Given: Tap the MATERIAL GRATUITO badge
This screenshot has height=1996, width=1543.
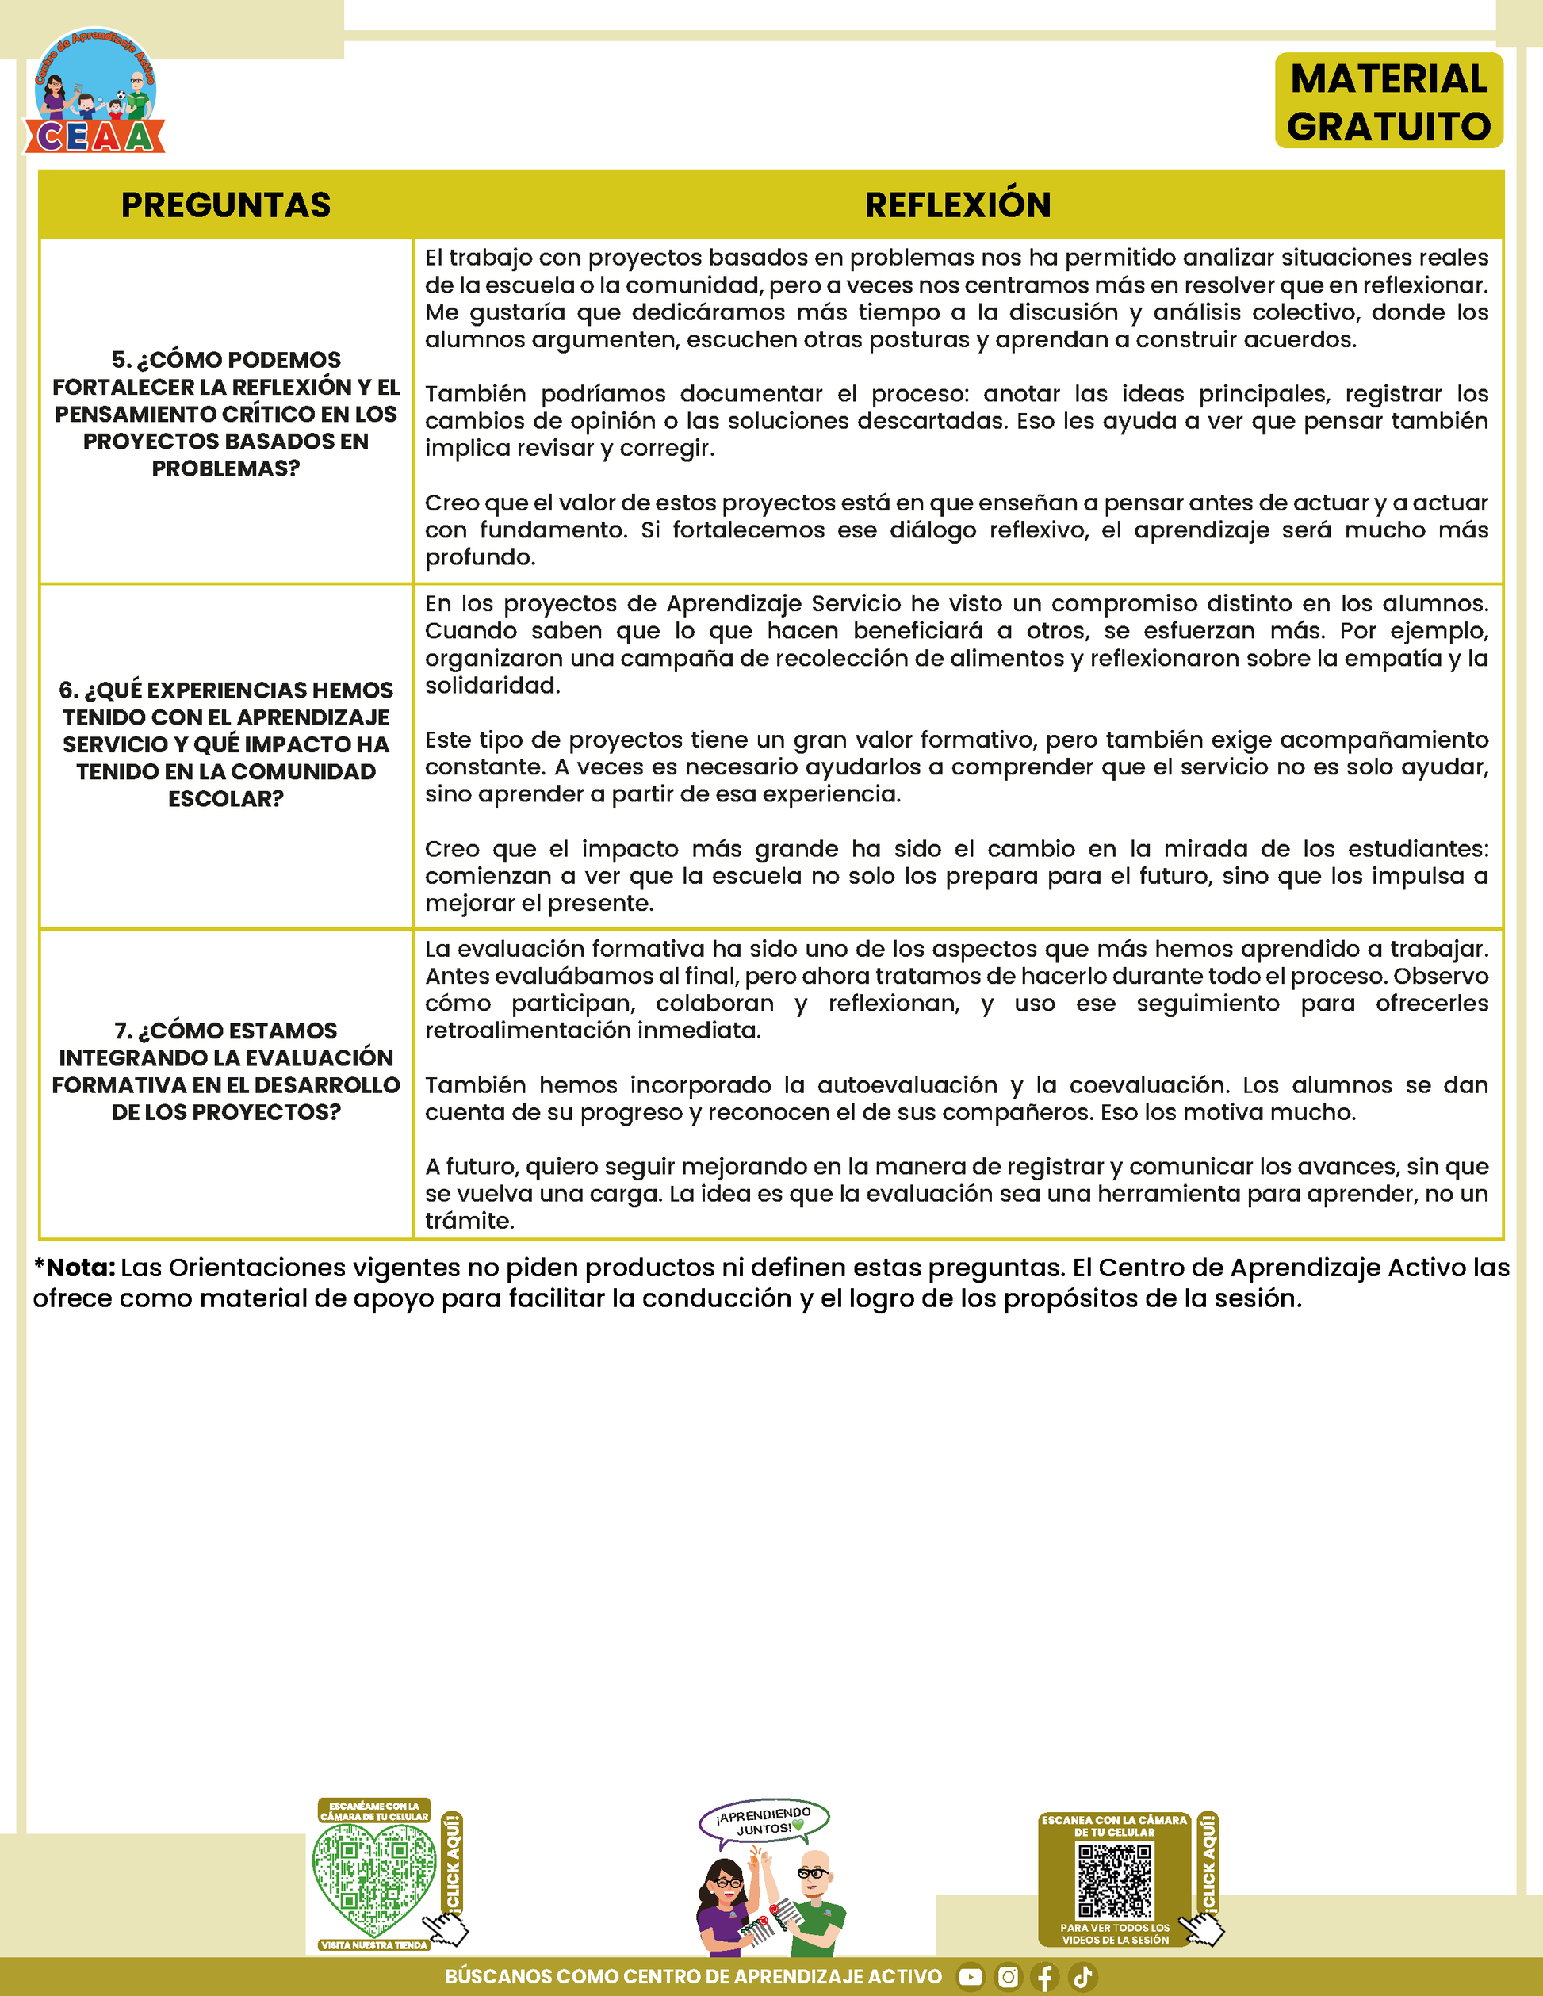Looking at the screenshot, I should [1388, 101].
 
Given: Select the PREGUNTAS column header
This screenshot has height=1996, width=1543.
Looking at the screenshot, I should [226, 205].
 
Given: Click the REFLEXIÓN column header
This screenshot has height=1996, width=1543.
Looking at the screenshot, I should [957, 205].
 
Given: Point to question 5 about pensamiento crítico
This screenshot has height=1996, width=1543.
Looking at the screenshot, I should [226, 413].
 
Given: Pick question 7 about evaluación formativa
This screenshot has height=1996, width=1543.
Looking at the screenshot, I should [226, 1070].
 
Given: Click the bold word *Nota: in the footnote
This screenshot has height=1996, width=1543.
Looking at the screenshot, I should [75, 1268].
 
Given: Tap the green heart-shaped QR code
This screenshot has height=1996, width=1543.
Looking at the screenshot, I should [374, 1876].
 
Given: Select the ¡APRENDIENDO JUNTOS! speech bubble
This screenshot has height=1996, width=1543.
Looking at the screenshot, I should [764, 1821].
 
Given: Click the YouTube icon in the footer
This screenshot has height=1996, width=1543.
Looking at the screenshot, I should [970, 1977].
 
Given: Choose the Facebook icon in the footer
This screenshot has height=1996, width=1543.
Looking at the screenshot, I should [1045, 1977].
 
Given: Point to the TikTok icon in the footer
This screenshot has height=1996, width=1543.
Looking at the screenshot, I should [1082, 1977].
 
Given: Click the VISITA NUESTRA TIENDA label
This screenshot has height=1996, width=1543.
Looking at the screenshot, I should [374, 1944].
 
